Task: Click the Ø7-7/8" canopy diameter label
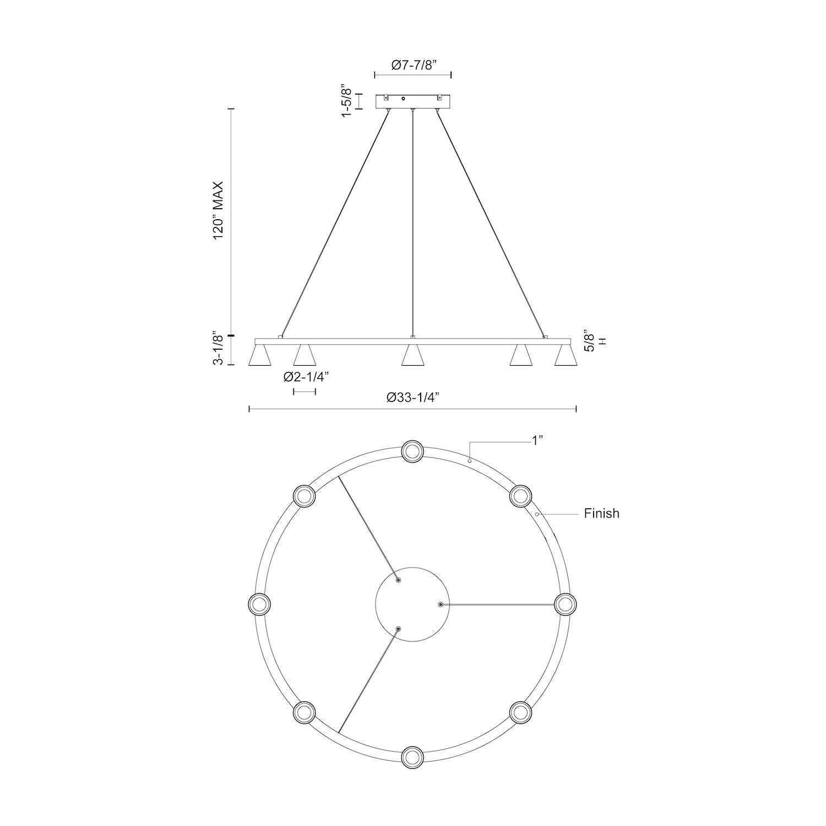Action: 414,65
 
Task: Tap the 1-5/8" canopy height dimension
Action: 346,101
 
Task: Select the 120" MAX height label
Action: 218,209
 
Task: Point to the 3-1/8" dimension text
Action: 218,350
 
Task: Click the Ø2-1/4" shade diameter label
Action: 306,377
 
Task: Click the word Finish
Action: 601,514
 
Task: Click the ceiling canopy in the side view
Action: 413,101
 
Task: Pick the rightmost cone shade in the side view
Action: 565,355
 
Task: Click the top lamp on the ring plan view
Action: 412,451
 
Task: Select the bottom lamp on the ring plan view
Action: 412,757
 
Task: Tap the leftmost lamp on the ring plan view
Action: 259,604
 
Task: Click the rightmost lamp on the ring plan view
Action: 565,604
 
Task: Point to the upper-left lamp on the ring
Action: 304,496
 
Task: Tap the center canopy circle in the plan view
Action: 412,604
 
